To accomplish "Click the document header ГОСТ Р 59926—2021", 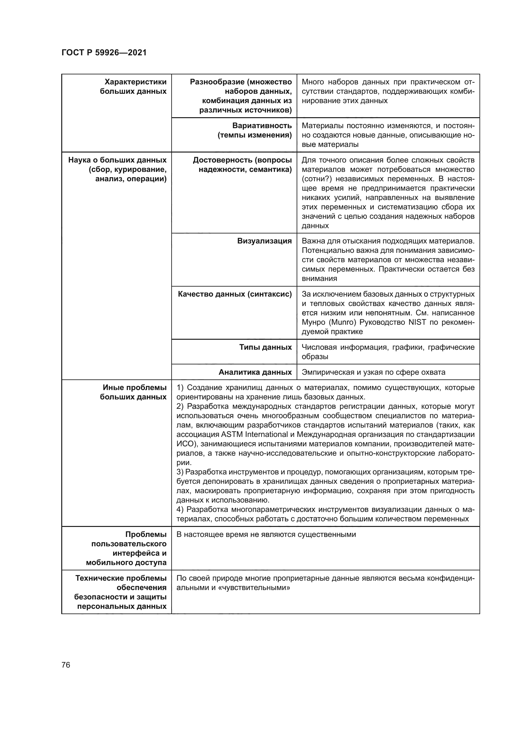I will click(104, 53).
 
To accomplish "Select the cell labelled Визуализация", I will click(264, 241).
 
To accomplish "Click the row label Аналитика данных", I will click(255, 372).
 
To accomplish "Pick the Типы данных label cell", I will click(265, 347).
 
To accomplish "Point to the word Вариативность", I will click(262, 125).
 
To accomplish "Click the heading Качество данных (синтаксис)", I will click(235, 294).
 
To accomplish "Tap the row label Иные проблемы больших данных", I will click(134, 392).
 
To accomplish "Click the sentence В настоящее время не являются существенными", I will click(266, 534).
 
